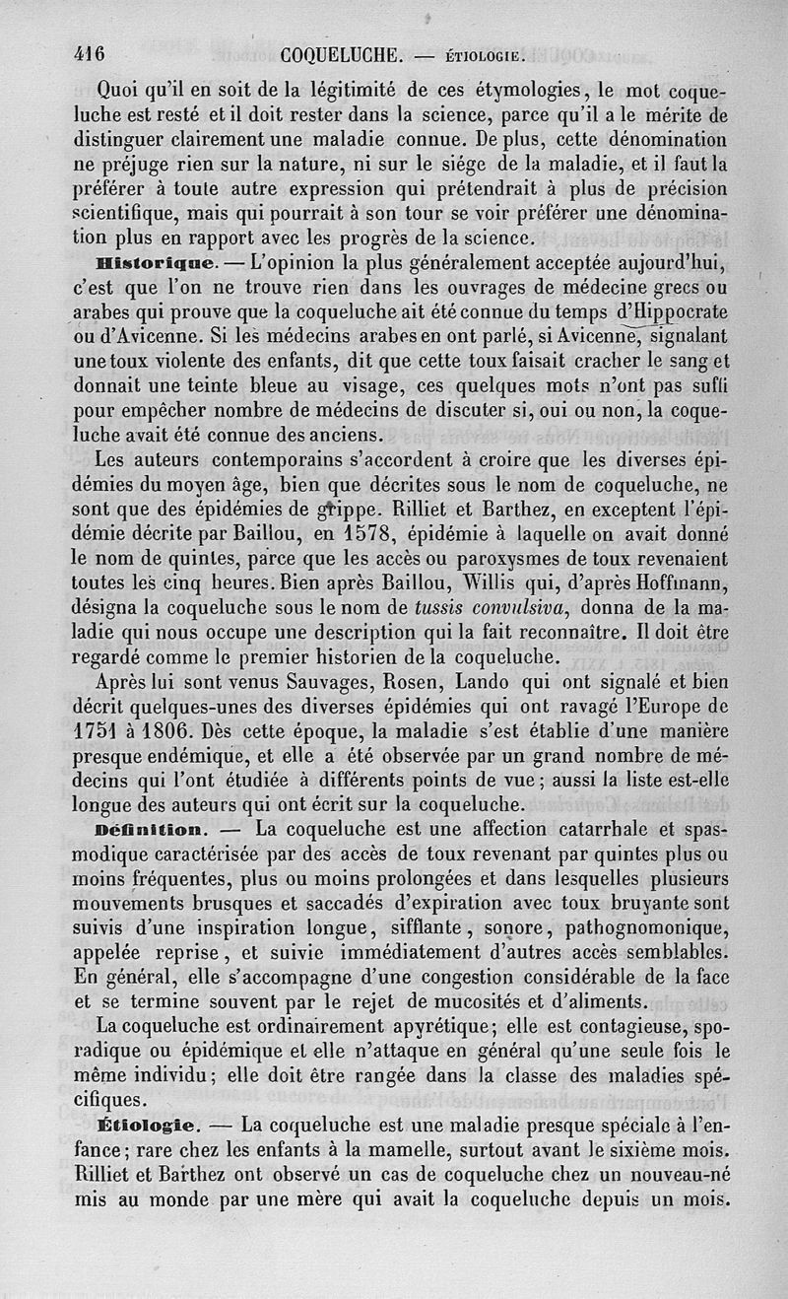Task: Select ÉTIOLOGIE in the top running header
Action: click(488, 56)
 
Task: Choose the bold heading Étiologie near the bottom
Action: click(151, 1124)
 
